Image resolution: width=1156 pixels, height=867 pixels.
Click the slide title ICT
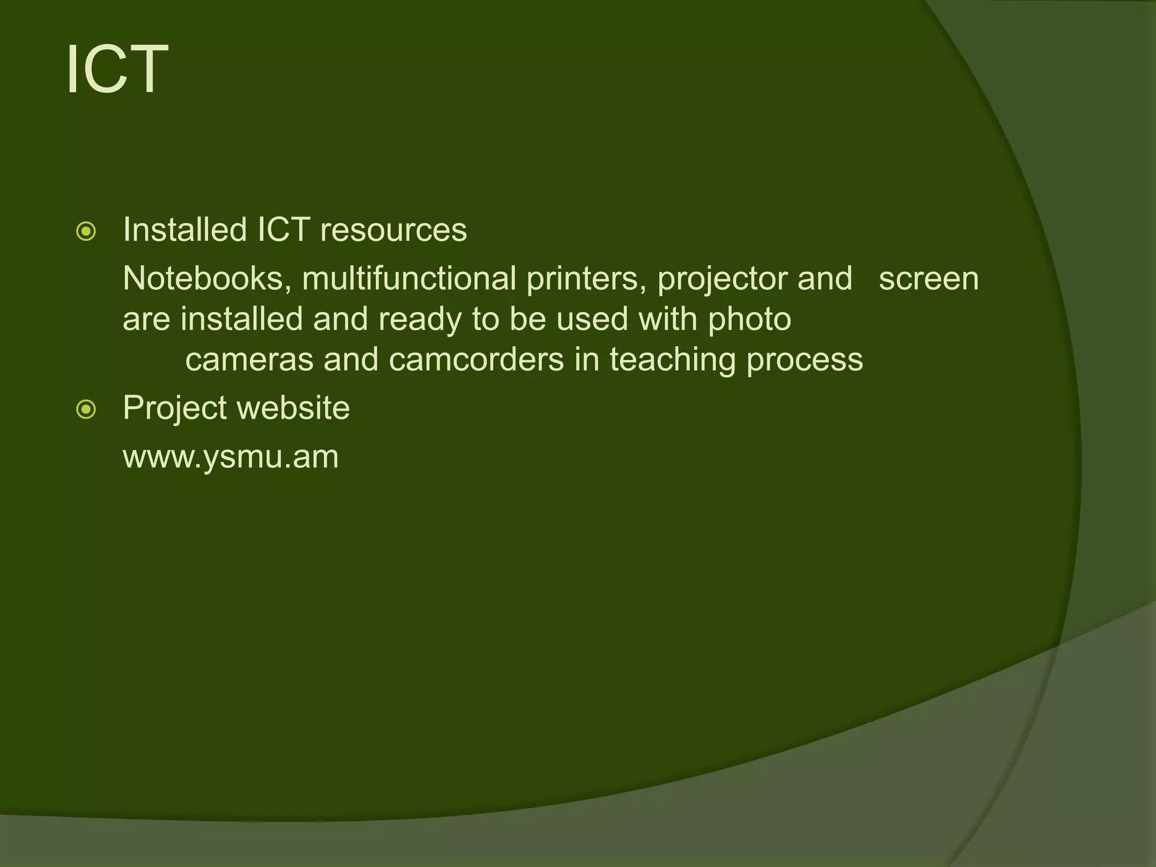coord(117,70)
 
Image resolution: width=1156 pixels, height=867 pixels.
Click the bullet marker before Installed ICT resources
coord(86,231)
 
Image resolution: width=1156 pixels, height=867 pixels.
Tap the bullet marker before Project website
coord(86,409)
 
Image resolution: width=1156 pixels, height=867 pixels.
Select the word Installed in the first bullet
coord(185,230)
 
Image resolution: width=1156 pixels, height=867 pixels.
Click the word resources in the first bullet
coord(393,230)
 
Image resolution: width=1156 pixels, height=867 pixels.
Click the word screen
coord(929,279)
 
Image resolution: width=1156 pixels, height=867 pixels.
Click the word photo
coord(750,320)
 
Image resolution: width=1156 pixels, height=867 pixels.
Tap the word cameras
coord(249,360)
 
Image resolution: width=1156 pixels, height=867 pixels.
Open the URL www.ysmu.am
coord(230,457)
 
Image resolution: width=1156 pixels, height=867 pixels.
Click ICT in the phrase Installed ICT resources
coord(283,230)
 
